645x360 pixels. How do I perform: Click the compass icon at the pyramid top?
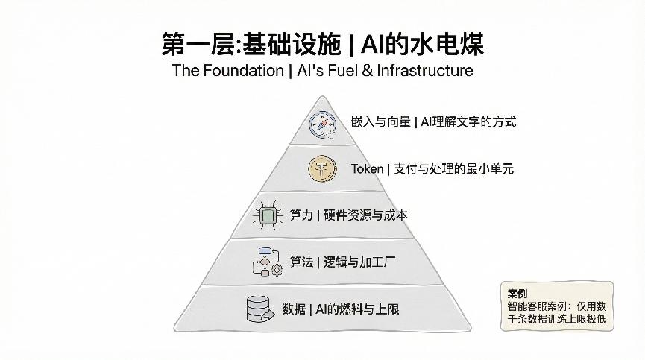click(x=323, y=123)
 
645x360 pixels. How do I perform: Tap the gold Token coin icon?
click(x=323, y=169)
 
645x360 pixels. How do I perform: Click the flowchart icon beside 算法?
click(x=266, y=262)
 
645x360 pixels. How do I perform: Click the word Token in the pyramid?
click(x=367, y=169)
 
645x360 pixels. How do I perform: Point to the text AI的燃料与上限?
click(x=357, y=309)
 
